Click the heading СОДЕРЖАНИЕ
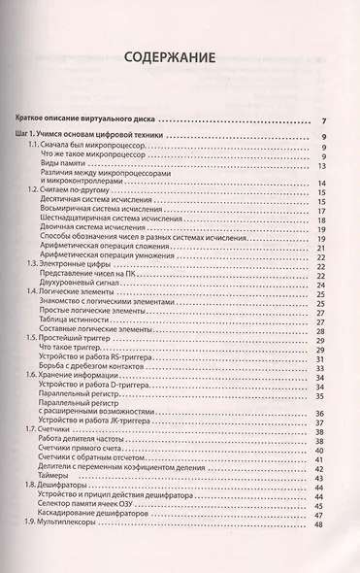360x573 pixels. pyautogui.click(x=180, y=58)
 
